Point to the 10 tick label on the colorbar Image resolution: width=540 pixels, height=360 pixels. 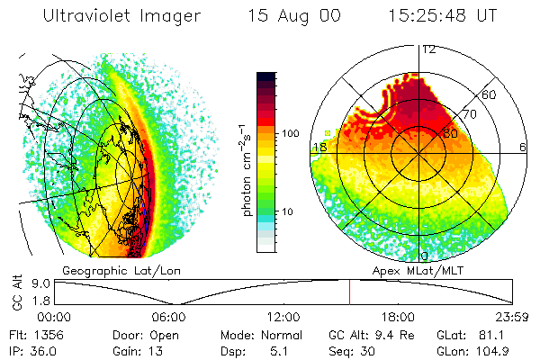pos(289,211)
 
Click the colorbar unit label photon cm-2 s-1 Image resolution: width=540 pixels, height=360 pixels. pos(246,171)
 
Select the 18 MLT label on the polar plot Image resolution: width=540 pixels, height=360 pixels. pos(319,147)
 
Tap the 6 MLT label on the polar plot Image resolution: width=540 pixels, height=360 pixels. pos(523,147)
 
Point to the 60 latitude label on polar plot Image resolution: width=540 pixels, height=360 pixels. pos(490,94)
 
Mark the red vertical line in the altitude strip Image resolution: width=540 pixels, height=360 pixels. pos(349,292)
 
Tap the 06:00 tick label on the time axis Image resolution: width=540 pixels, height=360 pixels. pos(168,316)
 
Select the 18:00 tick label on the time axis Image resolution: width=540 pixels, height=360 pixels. pos(398,316)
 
